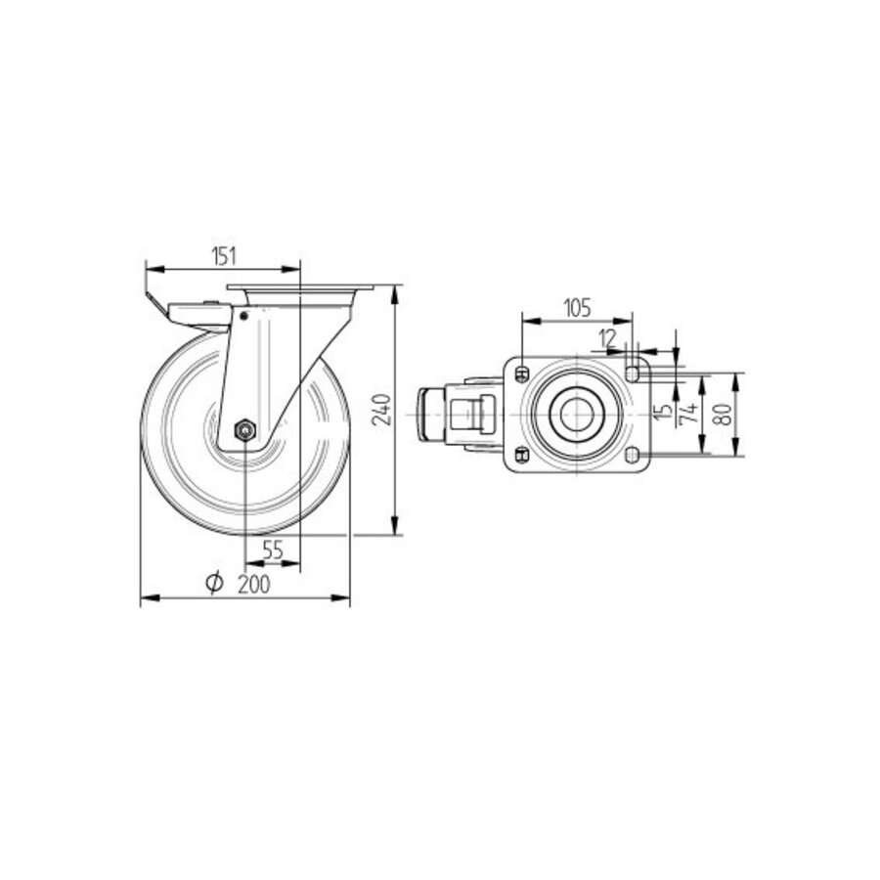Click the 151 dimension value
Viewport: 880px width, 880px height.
223,256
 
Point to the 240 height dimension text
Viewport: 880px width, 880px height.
383,409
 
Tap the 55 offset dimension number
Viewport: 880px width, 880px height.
273,551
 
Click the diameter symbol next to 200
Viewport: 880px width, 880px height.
215,584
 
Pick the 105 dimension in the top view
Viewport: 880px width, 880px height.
577,308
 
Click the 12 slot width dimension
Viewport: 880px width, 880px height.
608,338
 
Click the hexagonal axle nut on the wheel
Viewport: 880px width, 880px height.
244,428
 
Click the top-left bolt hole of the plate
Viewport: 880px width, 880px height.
522,373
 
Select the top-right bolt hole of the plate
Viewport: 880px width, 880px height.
633,373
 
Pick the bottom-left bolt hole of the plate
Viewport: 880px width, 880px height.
522,455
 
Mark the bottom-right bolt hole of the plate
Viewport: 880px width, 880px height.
633,455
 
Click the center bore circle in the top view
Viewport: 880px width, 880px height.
575,414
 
